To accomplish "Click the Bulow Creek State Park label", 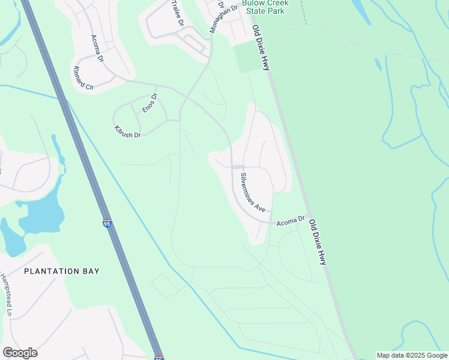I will [x=265, y=7].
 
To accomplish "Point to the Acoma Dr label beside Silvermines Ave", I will [x=291, y=221].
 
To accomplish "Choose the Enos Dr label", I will [x=149, y=103].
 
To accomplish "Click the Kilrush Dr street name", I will [x=127, y=131].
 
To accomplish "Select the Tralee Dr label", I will [x=176, y=13].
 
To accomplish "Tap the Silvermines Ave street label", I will [x=253, y=192].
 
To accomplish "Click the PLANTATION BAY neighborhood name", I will [x=62, y=271].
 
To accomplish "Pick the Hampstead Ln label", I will [x=6, y=295].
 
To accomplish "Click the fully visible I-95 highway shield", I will [x=107, y=223].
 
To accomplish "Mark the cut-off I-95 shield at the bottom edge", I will [x=158, y=358].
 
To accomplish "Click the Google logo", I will [x=20, y=353].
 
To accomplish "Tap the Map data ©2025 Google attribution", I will [x=411, y=355].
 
